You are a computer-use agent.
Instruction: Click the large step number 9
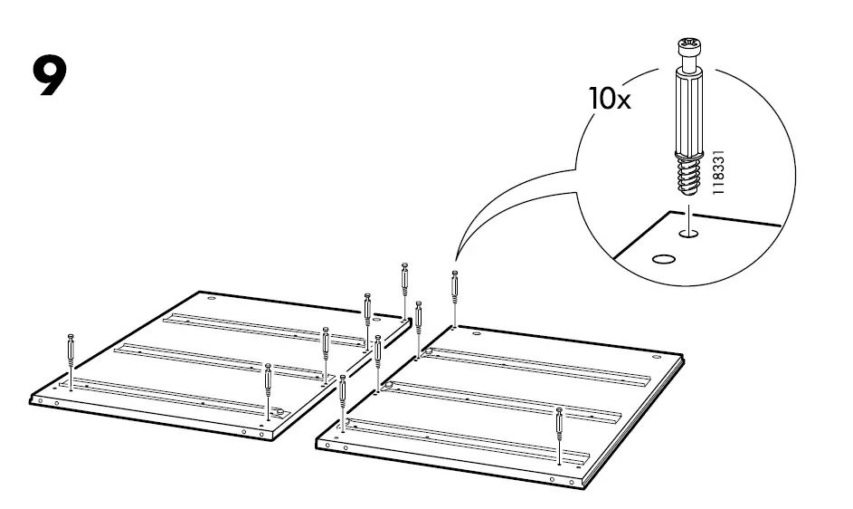pos(50,77)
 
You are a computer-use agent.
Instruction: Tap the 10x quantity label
pos(610,98)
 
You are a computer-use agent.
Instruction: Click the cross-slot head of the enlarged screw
pos(688,48)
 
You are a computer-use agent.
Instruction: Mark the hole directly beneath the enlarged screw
pos(688,234)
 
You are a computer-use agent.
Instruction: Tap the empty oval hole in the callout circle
pos(663,258)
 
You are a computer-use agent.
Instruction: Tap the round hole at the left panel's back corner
pos(211,300)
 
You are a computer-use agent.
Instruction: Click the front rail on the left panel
pos(172,396)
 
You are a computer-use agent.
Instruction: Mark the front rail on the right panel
pos(470,438)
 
